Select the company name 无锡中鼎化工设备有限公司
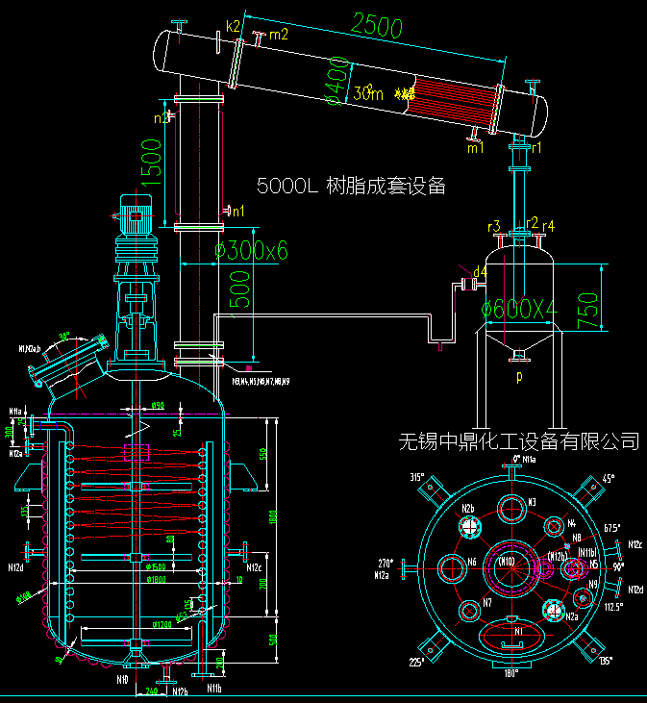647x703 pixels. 519,441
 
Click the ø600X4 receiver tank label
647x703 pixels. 518,309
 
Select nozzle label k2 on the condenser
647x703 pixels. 233,25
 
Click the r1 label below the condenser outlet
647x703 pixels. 535,148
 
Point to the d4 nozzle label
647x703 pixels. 481,272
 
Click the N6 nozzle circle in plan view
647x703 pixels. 452,567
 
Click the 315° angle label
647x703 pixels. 416,477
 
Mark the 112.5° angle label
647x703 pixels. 612,607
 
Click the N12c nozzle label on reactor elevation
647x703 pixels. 255,567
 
